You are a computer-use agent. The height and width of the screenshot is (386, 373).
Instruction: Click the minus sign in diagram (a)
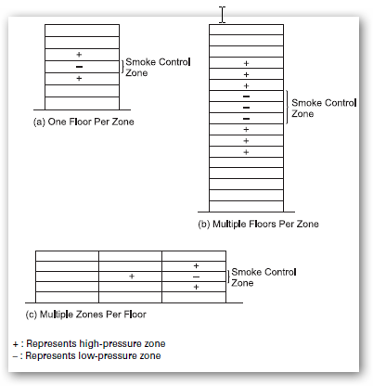point(79,67)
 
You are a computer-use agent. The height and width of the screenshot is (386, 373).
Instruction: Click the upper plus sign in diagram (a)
point(79,55)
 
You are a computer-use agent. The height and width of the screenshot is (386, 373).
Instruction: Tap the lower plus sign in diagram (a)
point(79,79)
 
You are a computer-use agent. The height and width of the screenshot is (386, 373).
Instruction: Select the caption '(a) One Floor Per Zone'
point(84,122)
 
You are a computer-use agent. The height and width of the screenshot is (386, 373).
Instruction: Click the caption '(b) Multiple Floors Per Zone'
point(258,224)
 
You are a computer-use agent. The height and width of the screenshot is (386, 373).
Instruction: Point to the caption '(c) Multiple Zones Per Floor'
point(85,315)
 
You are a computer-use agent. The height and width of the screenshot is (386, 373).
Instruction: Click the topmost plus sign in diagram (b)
point(246,63)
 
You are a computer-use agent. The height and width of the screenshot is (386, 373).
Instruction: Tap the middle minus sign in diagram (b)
point(246,108)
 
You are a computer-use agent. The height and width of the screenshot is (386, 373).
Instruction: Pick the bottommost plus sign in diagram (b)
point(246,152)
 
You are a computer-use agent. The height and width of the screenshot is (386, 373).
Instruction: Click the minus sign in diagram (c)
point(196,277)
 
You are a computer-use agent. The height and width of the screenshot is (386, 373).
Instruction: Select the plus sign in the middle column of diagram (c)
point(132,277)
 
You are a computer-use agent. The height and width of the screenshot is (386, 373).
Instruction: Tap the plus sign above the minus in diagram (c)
point(196,265)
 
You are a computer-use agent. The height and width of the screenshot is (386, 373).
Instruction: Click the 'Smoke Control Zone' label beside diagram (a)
point(158,68)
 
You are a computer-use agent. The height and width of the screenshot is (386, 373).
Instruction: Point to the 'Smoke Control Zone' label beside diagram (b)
point(324,109)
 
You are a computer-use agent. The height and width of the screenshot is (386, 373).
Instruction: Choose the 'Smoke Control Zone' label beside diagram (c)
point(264,277)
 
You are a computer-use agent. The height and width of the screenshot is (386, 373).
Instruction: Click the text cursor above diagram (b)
point(223,15)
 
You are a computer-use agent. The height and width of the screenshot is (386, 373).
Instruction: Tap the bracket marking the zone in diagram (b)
point(287,108)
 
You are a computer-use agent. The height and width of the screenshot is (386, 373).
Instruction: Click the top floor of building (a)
point(82,31)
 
